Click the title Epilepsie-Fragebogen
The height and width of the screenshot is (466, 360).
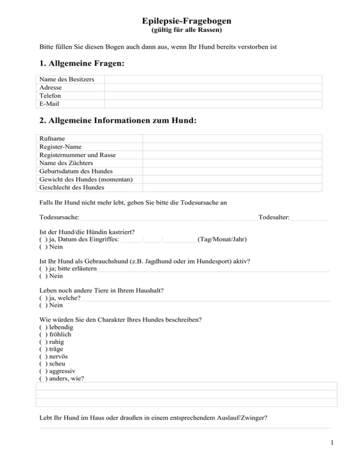tap(180, 21)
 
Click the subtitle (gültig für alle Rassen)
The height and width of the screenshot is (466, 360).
tap(180, 31)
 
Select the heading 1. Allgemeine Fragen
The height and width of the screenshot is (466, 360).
tap(82, 63)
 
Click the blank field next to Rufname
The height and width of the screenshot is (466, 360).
tap(232, 139)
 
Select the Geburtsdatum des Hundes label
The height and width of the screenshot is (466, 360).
tap(76, 171)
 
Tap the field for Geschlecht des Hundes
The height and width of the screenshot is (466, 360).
tap(232, 188)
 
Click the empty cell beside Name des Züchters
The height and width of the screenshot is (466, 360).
tap(232, 163)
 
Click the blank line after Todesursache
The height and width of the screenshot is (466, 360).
tap(169, 217)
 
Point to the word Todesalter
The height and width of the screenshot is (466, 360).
tap(274, 217)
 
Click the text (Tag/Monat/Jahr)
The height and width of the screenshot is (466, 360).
tap(222, 239)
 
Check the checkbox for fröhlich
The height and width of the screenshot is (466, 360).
tap(43, 335)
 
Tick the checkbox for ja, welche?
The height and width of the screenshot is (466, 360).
tap(43, 298)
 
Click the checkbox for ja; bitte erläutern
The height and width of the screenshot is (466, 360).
tap(43, 269)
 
